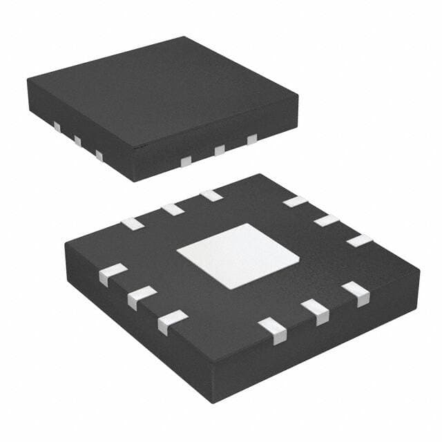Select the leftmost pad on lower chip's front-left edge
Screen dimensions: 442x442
pyautogui.click(x=113, y=274)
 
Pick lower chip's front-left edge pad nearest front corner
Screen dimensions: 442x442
pyautogui.click(x=172, y=322)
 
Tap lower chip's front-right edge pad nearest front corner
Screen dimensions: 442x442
pyautogui.click(x=274, y=330)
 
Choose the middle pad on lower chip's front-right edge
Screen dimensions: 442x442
pyautogui.click(x=315, y=312)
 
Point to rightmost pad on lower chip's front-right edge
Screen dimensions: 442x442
pyautogui.click(x=355, y=294)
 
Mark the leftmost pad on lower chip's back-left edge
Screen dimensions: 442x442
pyautogui.click(x=132, y=224)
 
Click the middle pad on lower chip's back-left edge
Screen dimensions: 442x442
pyautogui.click(x=172, y=209)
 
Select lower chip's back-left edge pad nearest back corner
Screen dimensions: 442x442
pyautogui.click(x=211, y=195)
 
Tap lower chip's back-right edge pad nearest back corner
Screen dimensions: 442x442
pyautogui.click(x=295, y=202)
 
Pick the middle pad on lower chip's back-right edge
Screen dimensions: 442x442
pyautogui.click(x=327, y=220)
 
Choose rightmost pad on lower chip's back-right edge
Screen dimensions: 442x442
pyautogui.click(x=359, y=240)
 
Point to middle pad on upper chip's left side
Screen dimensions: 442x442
pyautogui.click(x=77, y=142)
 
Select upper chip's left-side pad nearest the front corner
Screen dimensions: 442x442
pyautogui.click(x=99, y=156)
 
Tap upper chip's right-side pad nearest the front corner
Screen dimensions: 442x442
pyautogui.click(x=185, y=161)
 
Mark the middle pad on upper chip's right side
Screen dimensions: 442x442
pyautogui.click(x=220, y=150)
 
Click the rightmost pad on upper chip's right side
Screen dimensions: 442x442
pyautogui.click(x=252, y=140)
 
